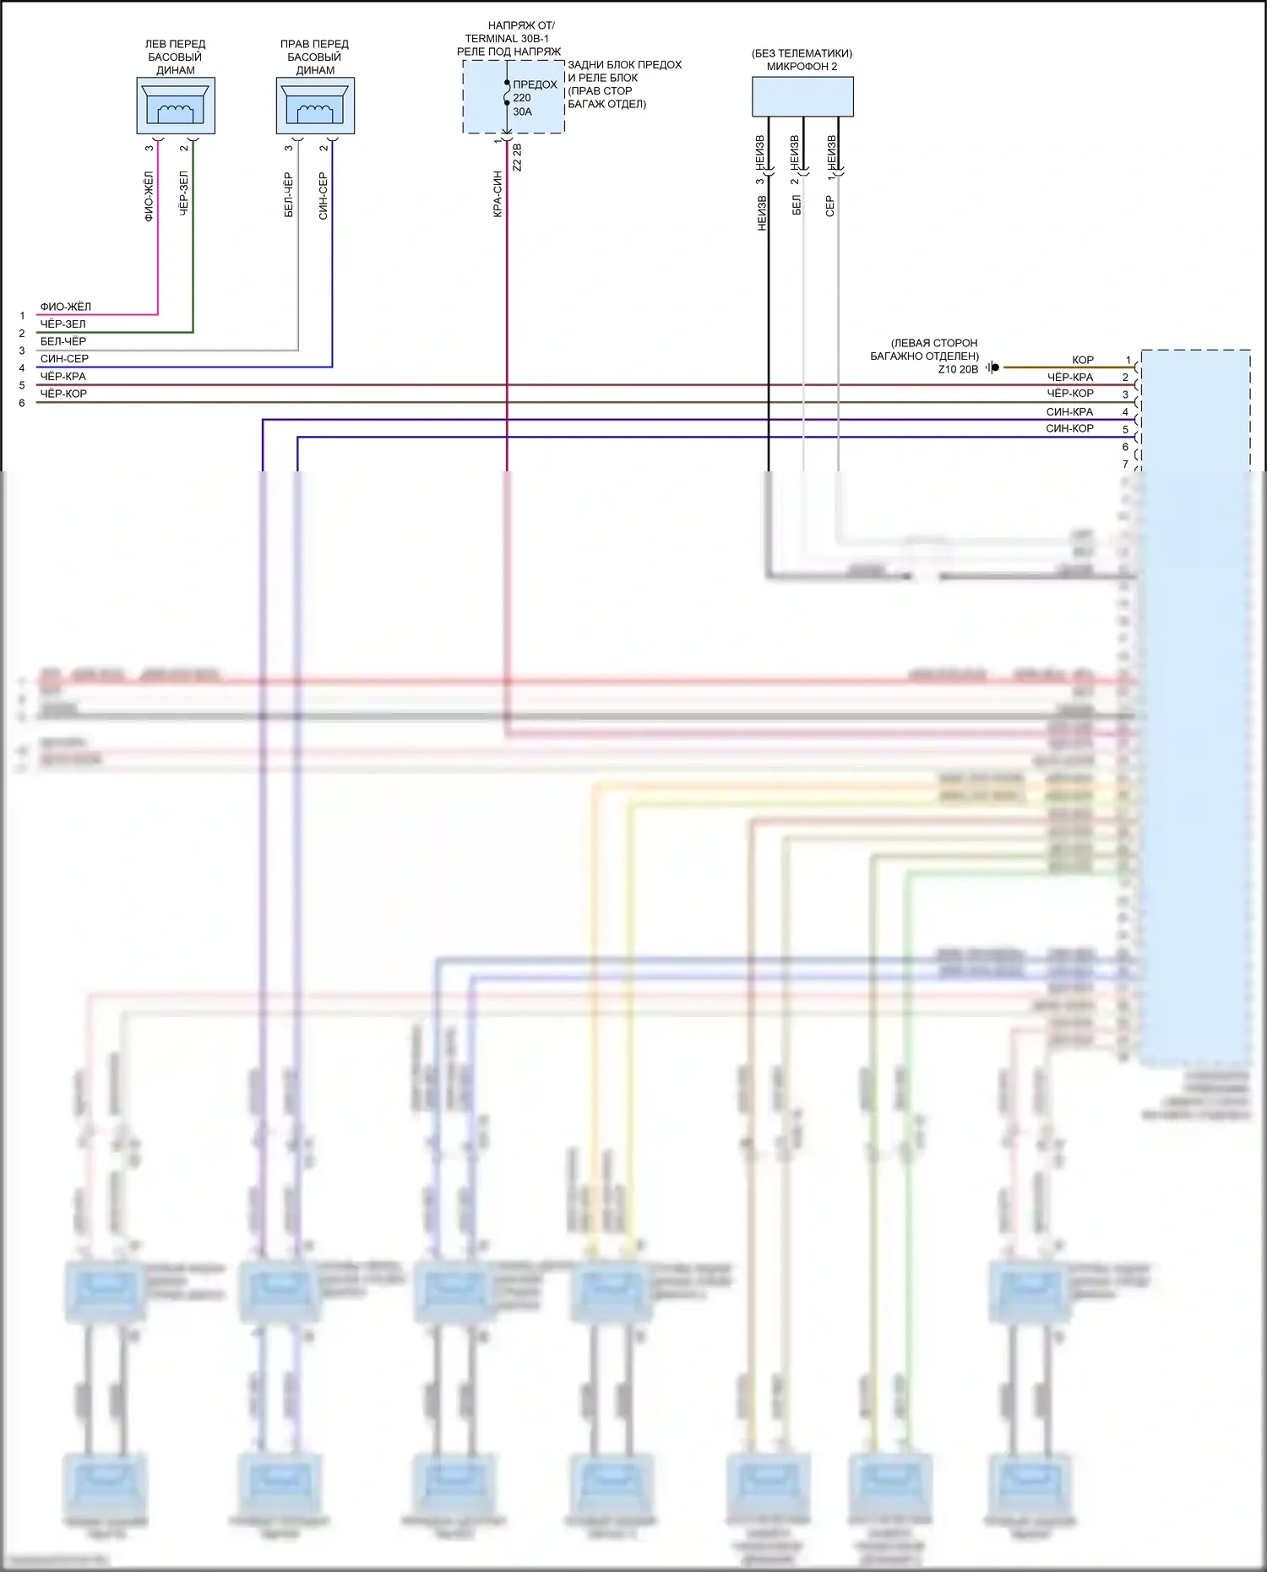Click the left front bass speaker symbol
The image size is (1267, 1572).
(176, 106)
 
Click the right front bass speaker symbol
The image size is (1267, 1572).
(315, 106)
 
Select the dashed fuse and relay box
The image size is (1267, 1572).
(514, 97)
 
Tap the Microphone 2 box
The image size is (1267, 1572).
(802, 96)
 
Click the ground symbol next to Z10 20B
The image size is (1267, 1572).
(993, 367)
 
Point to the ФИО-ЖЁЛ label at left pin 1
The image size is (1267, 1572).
(65, 307)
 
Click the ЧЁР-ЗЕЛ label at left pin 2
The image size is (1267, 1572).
(63, 324)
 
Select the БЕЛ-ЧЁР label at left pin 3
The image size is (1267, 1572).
(63, 341)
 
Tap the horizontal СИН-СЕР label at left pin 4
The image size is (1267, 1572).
(64, 359)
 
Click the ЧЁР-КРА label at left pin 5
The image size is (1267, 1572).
(63, 376)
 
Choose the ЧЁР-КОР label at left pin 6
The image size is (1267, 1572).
(63, 394)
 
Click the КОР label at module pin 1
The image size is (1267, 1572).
(1082, 360)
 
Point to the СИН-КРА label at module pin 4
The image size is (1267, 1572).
(1069, 412)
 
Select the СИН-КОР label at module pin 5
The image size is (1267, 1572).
(1069, 428)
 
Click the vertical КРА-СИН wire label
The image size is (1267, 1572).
(498, 194)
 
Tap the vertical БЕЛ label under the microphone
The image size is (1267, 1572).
(796, 205)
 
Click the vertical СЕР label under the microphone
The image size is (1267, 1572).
(829, 206)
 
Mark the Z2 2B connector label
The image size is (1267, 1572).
(517, 158)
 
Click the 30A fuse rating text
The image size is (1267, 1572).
(522, 112)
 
